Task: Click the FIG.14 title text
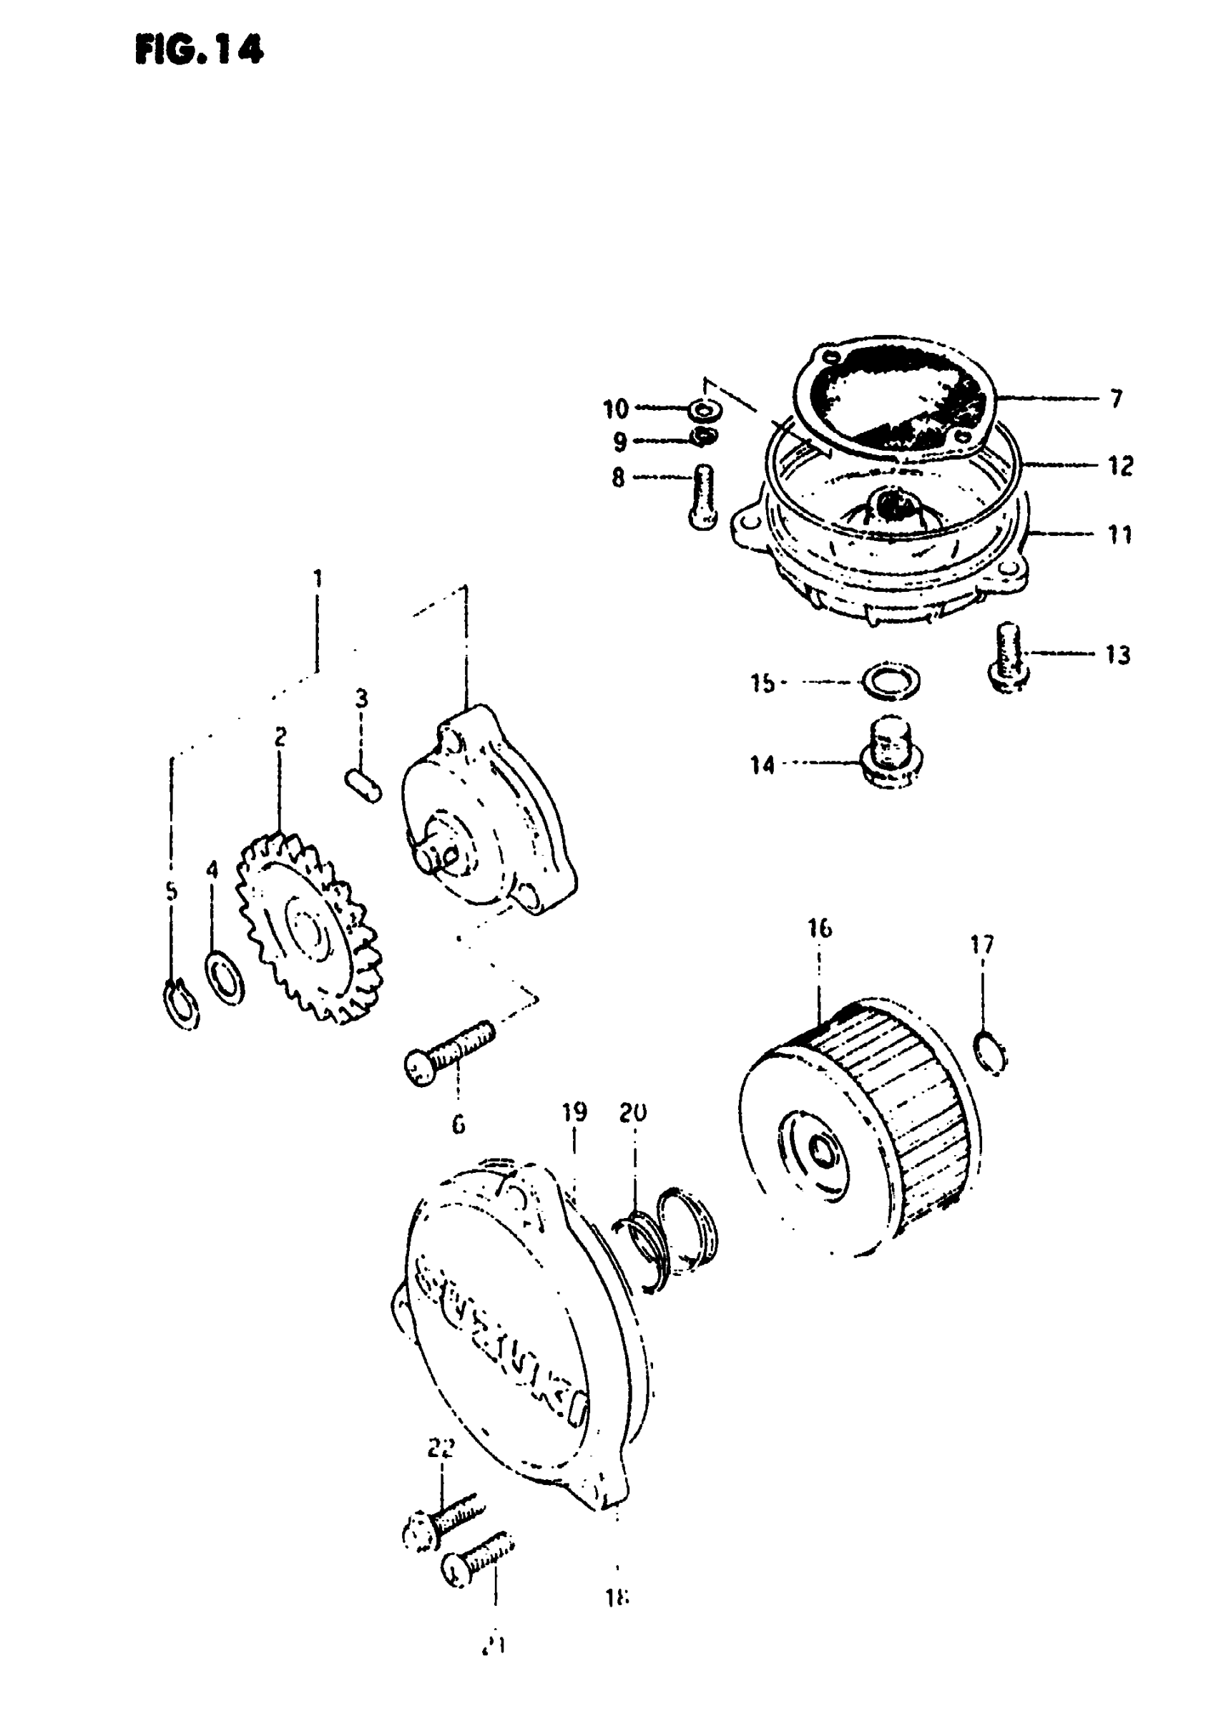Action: pyautogui.click(x=198, y=50)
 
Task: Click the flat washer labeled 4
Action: pyautogui.click(x=225, y=978)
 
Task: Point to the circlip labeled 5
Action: pyautogui.click(x=180, y=1003)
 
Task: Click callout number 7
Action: pyautogui.click(x=1117, y=399)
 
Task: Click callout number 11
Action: pyautogui.click(x=1119, y=535)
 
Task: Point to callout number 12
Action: pyautogui.click(x=1120, y=466)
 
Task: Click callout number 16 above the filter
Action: pyautogui.click(x=820, y=929)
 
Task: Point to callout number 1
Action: pyautogui.click(x=318, y=578)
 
